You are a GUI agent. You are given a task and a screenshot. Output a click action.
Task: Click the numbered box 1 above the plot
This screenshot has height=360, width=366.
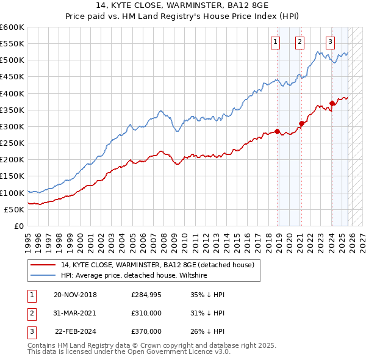tap(275, 42)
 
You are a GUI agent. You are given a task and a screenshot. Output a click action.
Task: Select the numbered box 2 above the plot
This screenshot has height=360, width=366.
tap(300, 42)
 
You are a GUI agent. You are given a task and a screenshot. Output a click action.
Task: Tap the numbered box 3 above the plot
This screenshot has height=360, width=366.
tap(330, 42)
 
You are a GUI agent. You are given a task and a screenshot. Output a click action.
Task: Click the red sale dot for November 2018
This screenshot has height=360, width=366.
tap(277, 131)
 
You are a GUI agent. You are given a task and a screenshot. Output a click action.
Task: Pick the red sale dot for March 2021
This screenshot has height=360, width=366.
tap(301, 123)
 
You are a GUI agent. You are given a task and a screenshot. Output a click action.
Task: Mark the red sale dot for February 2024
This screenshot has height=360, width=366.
tap(331, 103)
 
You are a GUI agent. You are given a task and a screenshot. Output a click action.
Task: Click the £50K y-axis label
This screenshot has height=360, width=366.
tap(14, 209)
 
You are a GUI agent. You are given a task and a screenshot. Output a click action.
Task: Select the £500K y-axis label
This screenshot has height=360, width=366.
tap(12, 60)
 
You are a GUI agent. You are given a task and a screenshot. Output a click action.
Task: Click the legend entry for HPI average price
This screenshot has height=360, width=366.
tap(134, 276)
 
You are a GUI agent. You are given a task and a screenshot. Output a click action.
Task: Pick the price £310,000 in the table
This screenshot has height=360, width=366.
tap(146, 313)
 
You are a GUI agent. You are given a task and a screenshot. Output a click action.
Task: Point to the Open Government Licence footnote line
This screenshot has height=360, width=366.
tap(129, 352)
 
